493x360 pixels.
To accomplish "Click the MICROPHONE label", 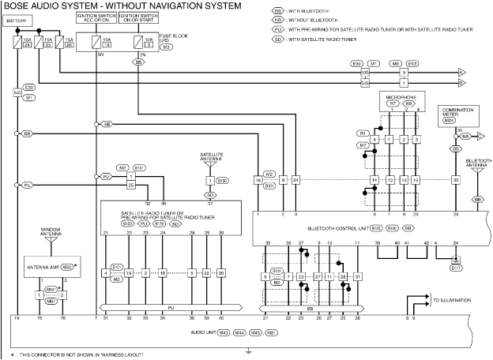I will pos(398,96).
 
